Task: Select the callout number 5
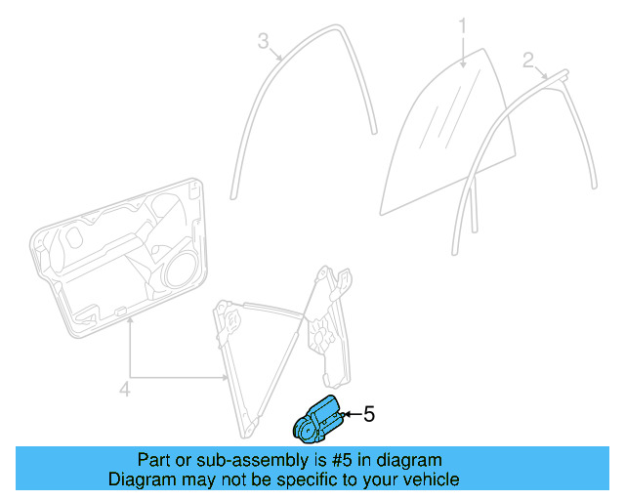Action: pos(368,413)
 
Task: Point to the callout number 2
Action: pos(528,61)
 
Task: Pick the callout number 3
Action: pos(263,40)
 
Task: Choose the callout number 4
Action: pos(124,390)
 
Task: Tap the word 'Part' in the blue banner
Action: pos(155,459)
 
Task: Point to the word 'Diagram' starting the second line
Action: pos(139,479)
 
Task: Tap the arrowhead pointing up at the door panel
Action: pos(129,324)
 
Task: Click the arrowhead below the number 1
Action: pos(465,62)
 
